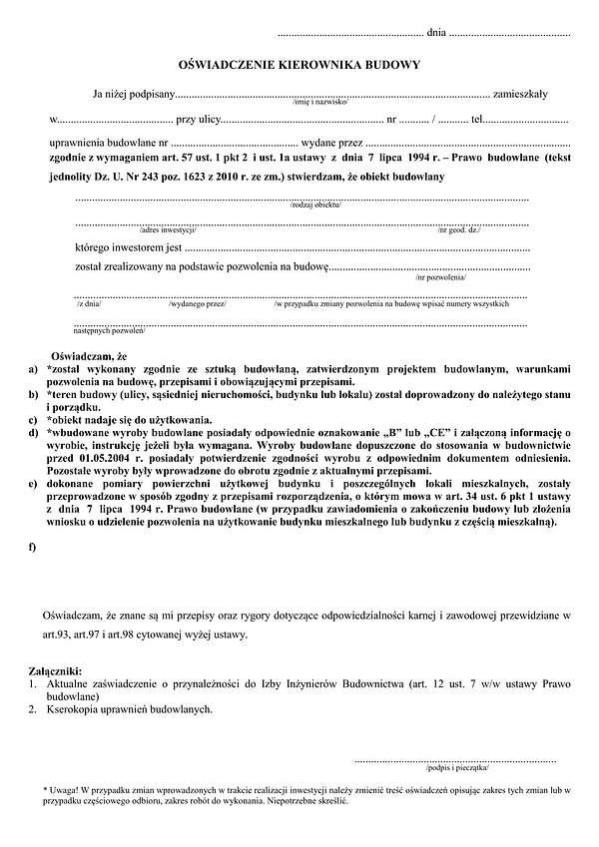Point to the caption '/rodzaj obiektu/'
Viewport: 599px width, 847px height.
316,205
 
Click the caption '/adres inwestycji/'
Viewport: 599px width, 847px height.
168,230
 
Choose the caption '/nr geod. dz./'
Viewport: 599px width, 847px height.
458,230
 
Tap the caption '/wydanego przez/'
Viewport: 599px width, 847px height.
198,302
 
